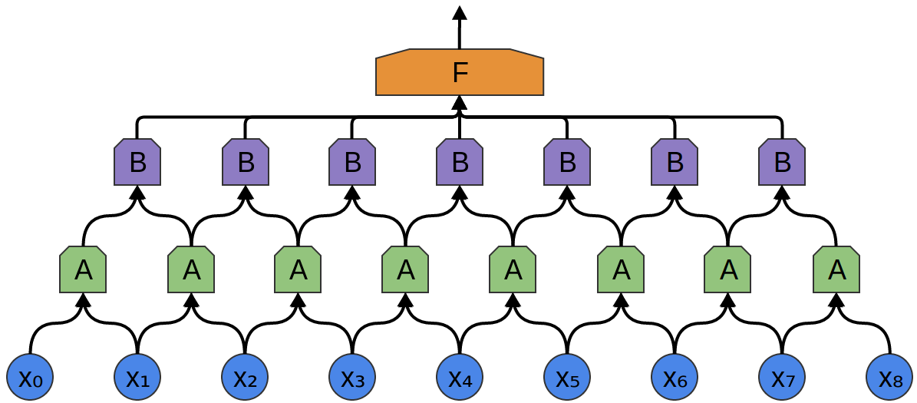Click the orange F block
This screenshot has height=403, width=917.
460,73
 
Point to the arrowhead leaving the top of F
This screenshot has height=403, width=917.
460,12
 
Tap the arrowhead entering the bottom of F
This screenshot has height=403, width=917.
460,102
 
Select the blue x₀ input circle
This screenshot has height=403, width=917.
30,377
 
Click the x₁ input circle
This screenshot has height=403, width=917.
137,377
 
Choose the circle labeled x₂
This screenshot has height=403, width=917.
245,377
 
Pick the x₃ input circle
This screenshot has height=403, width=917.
352,377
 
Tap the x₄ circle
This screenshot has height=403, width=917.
460,377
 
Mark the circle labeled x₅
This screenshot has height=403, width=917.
567,377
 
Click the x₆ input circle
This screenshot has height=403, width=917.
675,377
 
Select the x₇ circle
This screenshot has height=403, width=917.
782,377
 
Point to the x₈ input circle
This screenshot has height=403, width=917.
889,377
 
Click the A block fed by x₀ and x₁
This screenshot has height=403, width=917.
83,269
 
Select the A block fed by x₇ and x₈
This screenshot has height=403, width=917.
836,269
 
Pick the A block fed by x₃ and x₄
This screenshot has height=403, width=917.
405,269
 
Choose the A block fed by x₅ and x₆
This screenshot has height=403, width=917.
621,269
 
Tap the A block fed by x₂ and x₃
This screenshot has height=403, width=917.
298,269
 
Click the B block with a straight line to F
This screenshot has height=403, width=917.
460,162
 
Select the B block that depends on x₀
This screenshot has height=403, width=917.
137,162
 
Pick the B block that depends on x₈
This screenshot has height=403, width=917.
782,162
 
